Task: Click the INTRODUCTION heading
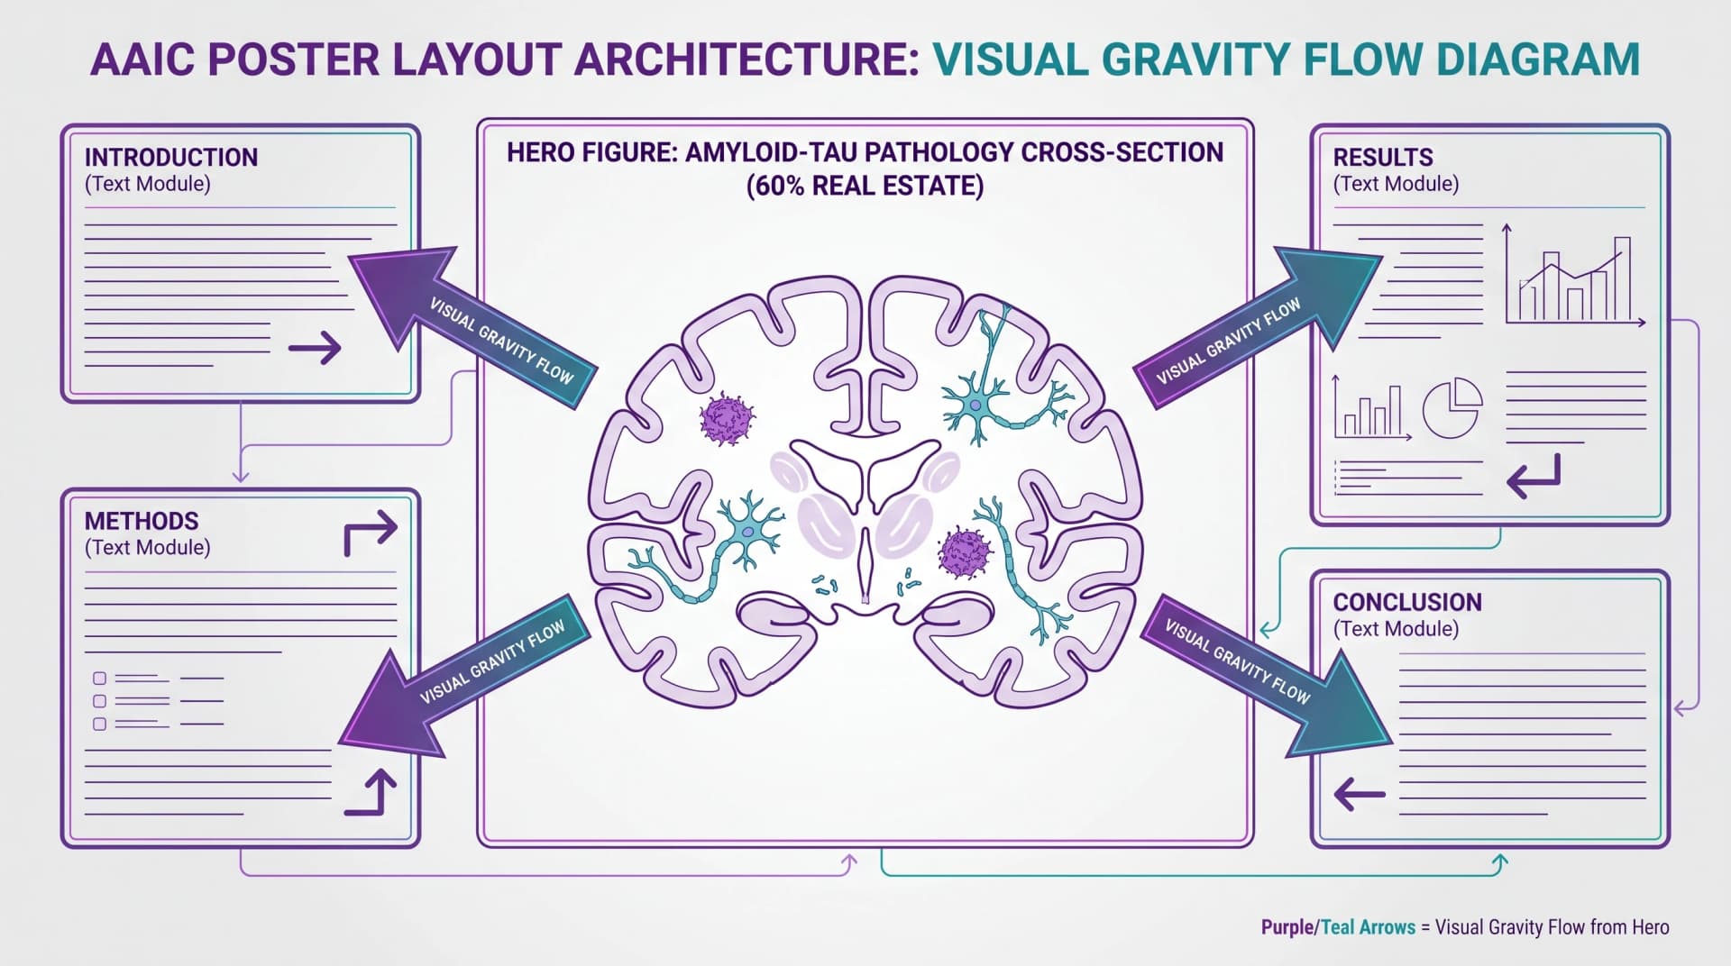click(x=171, y=158)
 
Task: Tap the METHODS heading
click(x=142, y=521)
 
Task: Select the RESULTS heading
click(x=1383, y=158)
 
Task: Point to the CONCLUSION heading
click(x=1407, y=602)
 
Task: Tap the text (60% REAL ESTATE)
click(x=865, y=186)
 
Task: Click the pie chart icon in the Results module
click(x=1452, y=408)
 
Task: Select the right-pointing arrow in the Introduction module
click(x=315, y=347)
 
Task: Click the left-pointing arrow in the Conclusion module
click(x=1359, y=794)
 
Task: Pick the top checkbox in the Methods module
click(x=100, y=678)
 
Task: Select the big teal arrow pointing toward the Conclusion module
click(x=1267, y=676)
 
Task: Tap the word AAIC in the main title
click(x=144, y=59)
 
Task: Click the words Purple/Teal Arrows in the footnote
click(x=1338, y=927)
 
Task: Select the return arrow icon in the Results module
click(x=1533, y=476)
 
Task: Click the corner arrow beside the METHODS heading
click(x=371, y=533)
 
